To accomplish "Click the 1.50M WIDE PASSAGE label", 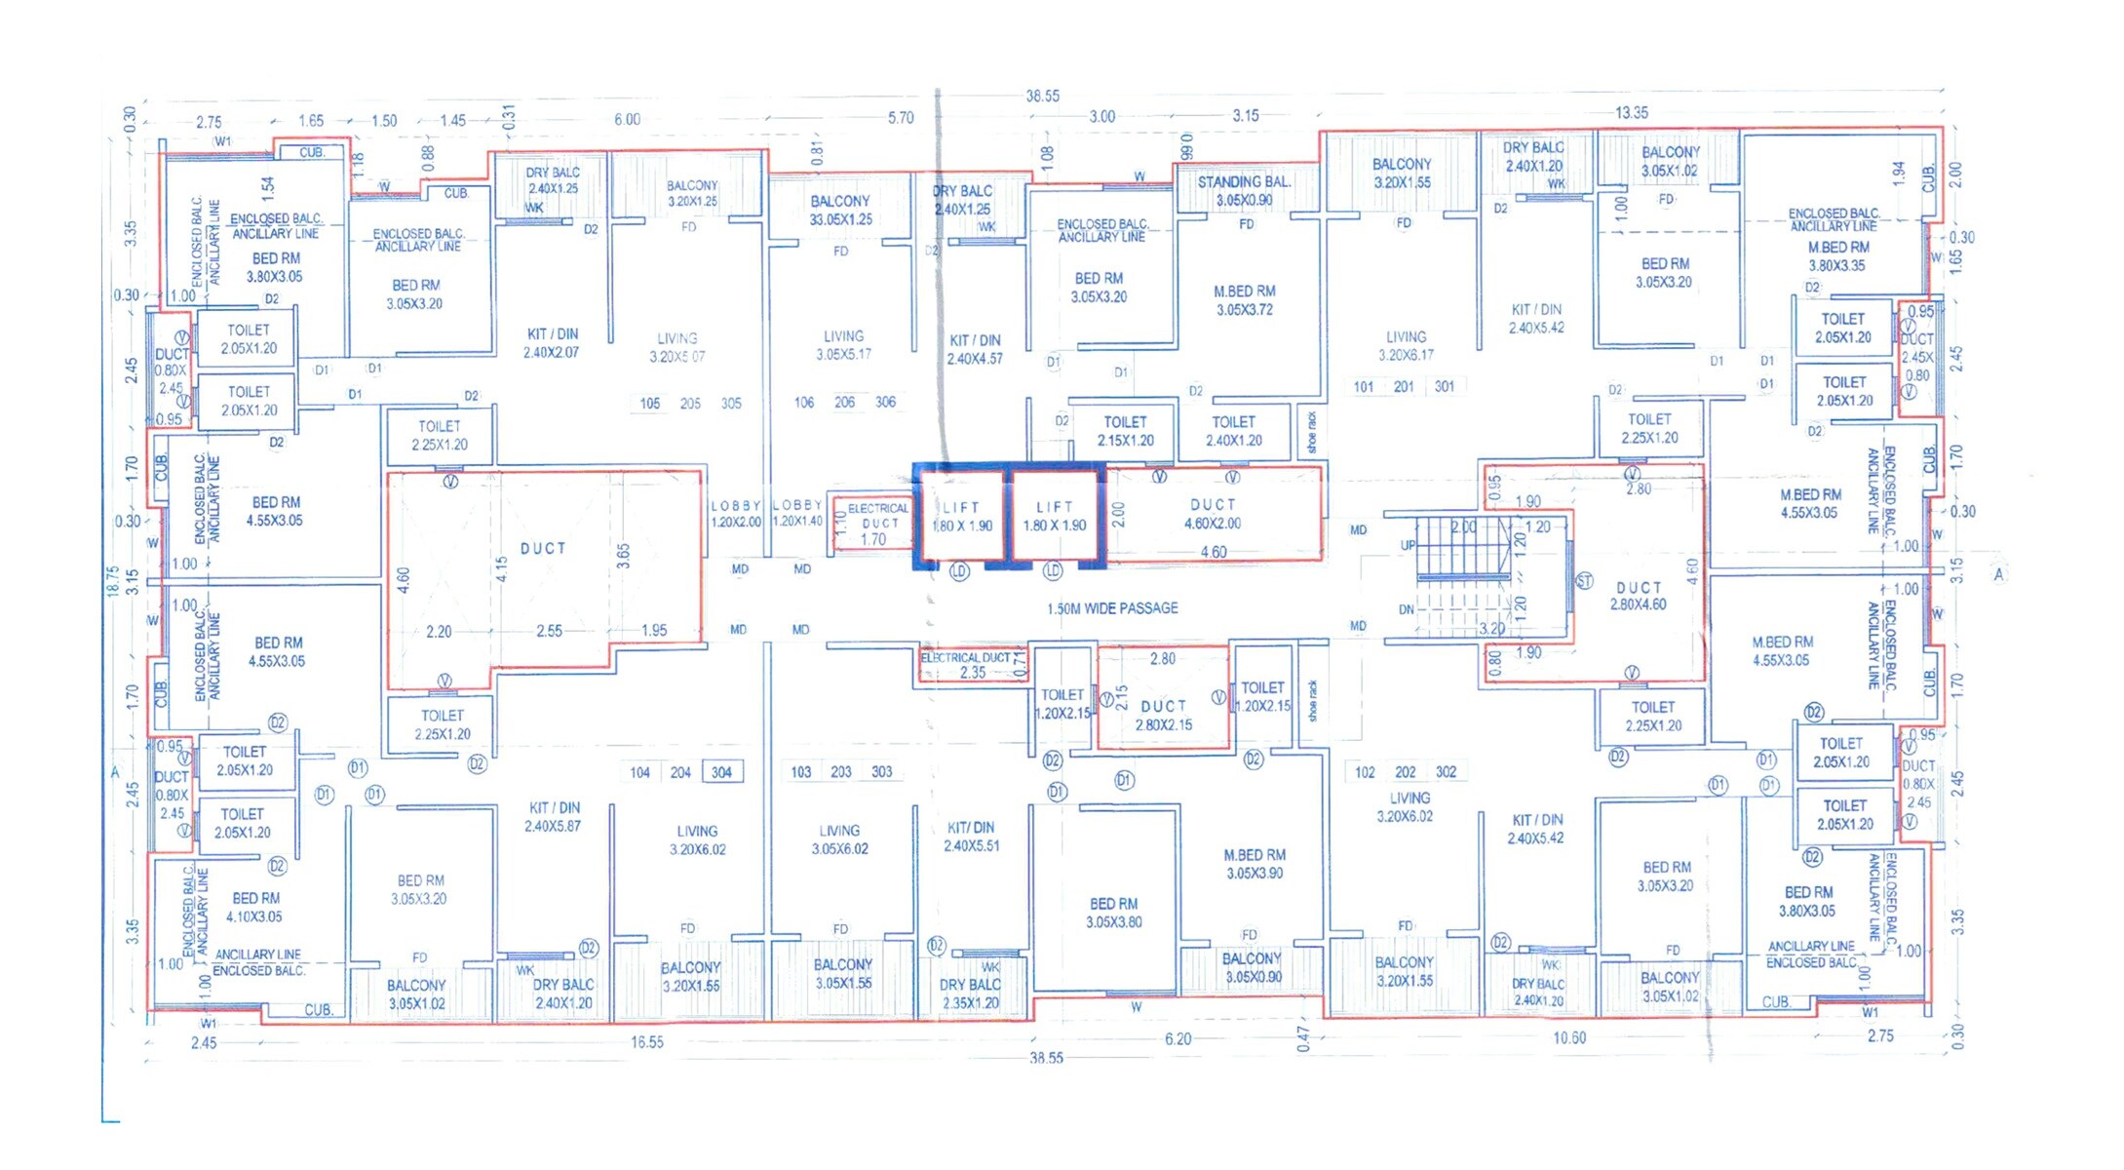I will (1112, 608).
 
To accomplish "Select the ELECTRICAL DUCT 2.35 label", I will (972, 665).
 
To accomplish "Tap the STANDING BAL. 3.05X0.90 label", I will (1244, 191).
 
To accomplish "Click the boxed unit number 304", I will (721, 772).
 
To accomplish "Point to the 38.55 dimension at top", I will (1042, 96).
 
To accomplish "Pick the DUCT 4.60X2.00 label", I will (1213, 514).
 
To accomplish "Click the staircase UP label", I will (1408, 546).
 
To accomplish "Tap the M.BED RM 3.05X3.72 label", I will (1245, 300).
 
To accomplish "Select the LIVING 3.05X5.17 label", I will (843, 345).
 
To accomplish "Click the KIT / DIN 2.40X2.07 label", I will (552, 343).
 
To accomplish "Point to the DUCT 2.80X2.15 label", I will (1164, 715).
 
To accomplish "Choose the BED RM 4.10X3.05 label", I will (255, 907).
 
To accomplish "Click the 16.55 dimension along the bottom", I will (646, 1042).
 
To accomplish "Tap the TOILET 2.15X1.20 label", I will (1125, 431).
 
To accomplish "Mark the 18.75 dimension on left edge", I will (113, 581).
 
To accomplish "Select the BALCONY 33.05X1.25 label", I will (840, 210).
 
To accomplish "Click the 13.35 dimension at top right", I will (1631, 112).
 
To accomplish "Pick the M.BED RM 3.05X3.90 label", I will (1255, 864).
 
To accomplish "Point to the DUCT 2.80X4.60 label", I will (1639, 596).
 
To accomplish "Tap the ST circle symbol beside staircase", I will (1584, 581).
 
